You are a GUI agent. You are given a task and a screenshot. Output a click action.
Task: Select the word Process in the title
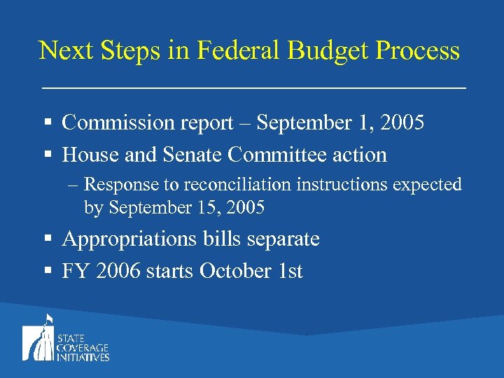[x=417, y=51]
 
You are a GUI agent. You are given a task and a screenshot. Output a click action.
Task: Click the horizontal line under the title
[x=253, y=88]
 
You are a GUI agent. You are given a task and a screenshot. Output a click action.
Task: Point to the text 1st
[x=288, y=271]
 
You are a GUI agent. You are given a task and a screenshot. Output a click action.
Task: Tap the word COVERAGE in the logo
[x=83, y=348]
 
